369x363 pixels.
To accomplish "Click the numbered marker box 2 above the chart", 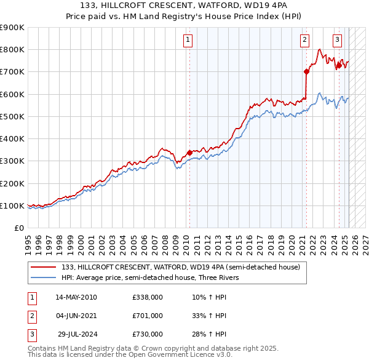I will tap(304, 41).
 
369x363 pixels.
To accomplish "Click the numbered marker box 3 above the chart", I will tap(338, 41).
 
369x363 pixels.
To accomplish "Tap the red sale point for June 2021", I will tap(306, 71).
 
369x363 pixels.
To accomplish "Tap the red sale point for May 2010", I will tap(189, 153).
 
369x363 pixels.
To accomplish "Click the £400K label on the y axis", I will tap(12, 138).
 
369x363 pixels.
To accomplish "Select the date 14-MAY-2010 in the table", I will tap(76, 297).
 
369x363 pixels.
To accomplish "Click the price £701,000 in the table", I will tap(148, 316).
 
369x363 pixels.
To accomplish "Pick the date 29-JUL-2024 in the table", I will tap(77, 334).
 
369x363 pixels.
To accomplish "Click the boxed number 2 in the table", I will tap(31, 316).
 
